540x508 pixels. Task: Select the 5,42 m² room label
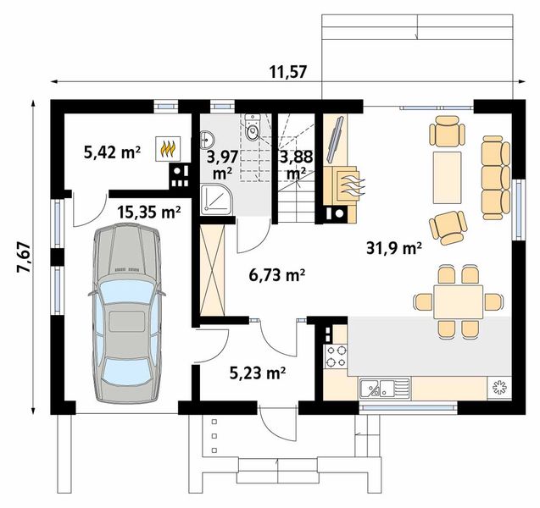(111, 152)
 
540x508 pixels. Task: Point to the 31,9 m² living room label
(393, 248)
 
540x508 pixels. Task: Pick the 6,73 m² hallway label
(277, 274)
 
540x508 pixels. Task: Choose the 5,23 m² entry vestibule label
(257, 371)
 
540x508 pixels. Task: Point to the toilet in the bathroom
(251, 131)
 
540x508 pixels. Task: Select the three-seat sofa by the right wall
(493, 175)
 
